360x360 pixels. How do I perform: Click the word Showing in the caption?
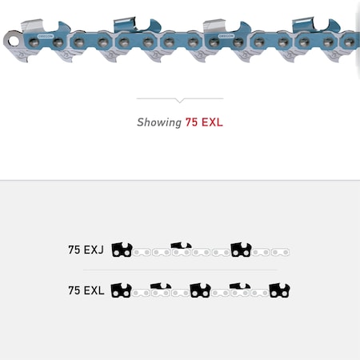[159, 122]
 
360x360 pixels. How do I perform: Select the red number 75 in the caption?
[191, 122]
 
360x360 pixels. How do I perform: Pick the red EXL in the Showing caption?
[211, 122]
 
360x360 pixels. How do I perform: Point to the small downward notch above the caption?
[179, 101]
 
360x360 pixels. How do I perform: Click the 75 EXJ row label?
[86, 250]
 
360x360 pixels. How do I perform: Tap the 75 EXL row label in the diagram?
[86, 290]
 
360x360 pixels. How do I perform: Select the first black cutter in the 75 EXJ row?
[122, 250]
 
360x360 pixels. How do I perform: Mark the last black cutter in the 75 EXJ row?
[241, 250]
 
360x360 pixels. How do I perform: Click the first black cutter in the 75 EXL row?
[122, 290]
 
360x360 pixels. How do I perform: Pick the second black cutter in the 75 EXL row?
[161, 288]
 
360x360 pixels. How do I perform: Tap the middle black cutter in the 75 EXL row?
[200, 290]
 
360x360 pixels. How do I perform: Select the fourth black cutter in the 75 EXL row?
[240, 288]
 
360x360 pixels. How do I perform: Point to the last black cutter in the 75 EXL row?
[279, 290]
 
